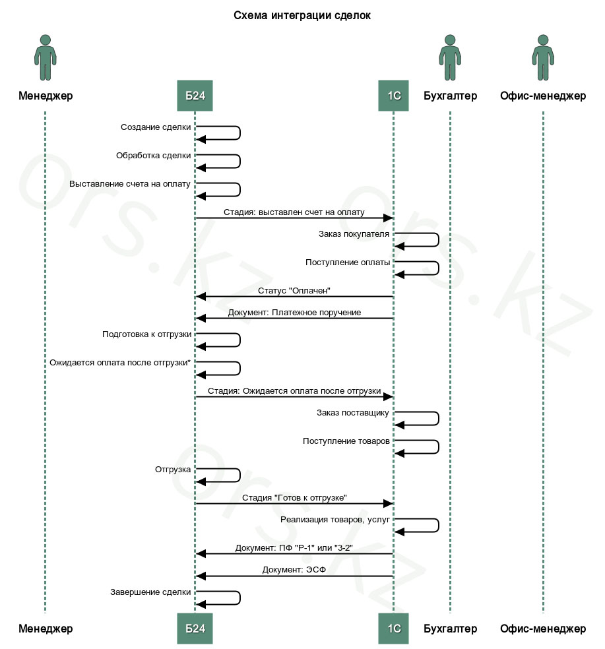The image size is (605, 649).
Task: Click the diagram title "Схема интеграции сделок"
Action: coord(302,16)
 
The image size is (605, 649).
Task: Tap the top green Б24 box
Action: coord(195,96)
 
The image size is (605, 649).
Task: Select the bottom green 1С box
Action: coord(393,629)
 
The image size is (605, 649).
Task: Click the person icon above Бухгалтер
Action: coord(450,57)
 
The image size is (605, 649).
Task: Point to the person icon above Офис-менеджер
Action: coord(543,57)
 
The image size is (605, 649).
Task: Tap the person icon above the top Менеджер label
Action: coord(45,57)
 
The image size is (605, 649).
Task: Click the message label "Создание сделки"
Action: coord(156,127)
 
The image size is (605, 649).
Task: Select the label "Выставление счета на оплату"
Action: coord(129,184)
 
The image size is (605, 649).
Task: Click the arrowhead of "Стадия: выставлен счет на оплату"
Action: coord(388,218)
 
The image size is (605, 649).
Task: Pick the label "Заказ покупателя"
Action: coord(354,234)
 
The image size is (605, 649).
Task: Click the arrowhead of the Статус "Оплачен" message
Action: coord(201,296)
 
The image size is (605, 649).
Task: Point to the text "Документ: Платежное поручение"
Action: coord(294,313)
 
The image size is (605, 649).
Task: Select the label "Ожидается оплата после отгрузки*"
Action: coord(120,363)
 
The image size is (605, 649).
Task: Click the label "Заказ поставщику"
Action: coord(353,413)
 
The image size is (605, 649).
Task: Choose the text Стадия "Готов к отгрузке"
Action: coord(294,497)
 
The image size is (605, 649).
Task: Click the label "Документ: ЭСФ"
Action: coord(294,570)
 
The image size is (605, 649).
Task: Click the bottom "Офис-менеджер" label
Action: coord(543,629)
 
